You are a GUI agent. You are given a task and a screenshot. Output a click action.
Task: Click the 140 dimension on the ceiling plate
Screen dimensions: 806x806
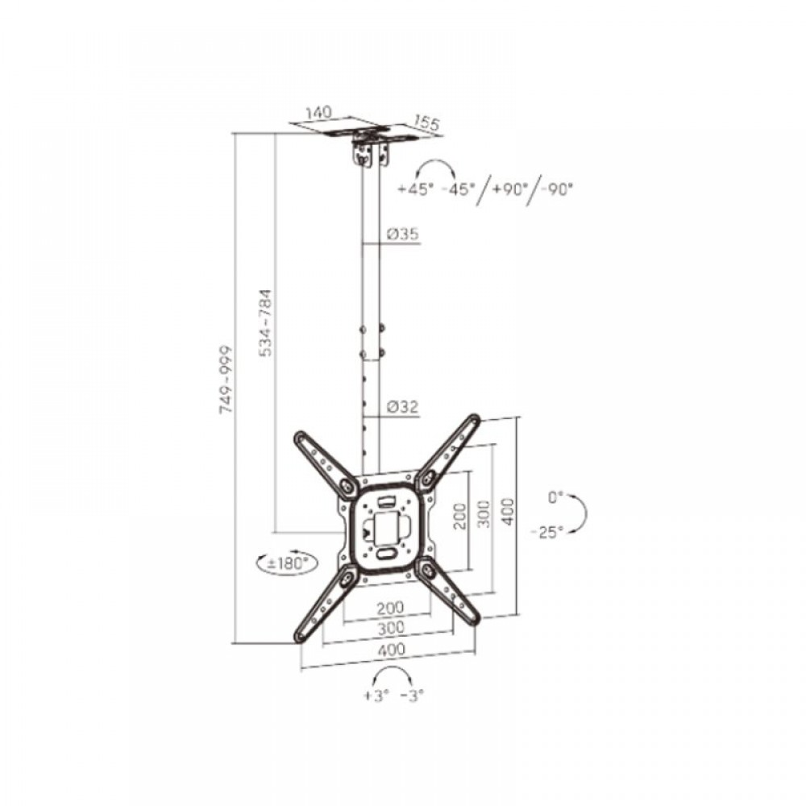pyautogui.click(x=318, y=113)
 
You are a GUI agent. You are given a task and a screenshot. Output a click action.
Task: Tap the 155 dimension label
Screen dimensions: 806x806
pyautogui.click(x=426, y=123)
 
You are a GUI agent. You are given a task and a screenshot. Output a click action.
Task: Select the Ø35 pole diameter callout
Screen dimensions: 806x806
pyautogui.click(x=403, y=234)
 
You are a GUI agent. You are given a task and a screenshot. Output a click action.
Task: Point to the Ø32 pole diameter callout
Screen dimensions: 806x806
pyautogui.click(x=403, y=407)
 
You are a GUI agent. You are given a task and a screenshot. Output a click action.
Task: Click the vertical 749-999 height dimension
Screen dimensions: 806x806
pyautogui.click(x=226, y=380)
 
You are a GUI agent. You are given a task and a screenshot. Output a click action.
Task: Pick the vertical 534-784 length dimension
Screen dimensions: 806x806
pyautogui.click(x=267, y=323)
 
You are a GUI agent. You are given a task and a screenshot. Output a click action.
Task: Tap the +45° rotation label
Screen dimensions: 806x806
pyautogui.click(x=415, y=189)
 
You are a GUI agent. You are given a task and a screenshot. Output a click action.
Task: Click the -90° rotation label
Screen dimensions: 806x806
pyautogui.click(x=555, y=189)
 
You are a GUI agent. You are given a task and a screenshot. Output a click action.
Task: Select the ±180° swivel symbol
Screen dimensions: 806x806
pyautogui.click(x=287, y=563)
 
